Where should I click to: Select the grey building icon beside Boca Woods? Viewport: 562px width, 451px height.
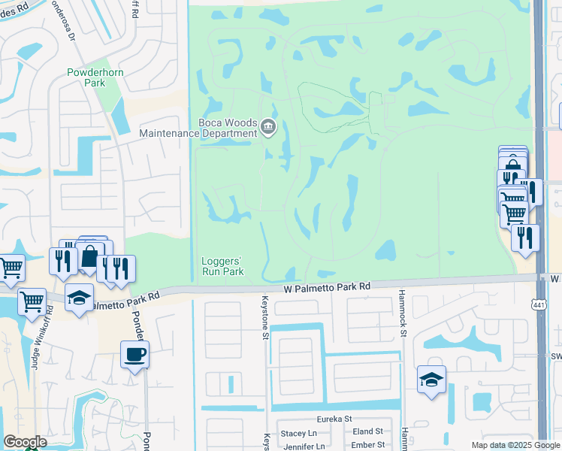coord(268,128)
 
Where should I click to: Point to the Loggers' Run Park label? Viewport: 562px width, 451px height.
coord(222,266)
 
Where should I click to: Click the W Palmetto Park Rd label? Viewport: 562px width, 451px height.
coord(327,287)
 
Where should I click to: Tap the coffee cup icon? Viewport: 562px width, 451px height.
coord(135,353)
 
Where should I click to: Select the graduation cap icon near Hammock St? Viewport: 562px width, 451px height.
coord(432,379)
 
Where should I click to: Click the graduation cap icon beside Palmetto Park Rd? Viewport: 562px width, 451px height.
coord(80,298)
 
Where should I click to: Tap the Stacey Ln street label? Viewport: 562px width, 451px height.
coord(298,433)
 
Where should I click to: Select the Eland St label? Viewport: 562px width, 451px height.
coord(368,431)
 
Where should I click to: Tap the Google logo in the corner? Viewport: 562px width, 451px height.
coord(25,442)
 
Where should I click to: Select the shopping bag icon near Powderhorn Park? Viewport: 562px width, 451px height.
coord(90,256)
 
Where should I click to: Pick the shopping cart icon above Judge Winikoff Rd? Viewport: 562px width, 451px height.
coord(32,301)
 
